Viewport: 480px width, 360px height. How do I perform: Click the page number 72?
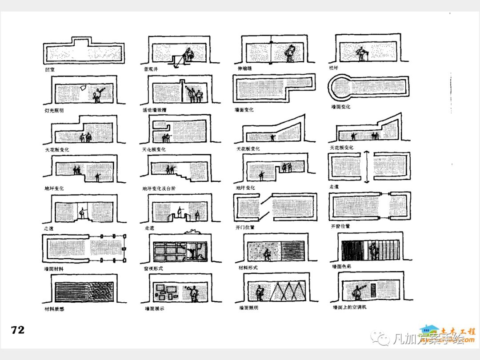pos(18,330)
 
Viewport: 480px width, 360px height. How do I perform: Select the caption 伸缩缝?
pos(245,69)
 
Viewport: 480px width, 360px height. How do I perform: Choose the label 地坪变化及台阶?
pos(159,188)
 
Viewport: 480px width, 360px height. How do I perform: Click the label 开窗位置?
pos(340,226)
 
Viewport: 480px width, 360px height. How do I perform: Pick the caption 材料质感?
pos(54,308)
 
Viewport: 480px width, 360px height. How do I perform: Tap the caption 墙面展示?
pos(155,308)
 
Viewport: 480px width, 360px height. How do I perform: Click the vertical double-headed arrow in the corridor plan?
pos(367,167)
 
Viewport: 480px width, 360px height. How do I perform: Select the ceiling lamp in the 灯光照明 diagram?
pos(83,88)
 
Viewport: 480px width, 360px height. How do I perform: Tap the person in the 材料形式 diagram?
pos(268,254)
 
